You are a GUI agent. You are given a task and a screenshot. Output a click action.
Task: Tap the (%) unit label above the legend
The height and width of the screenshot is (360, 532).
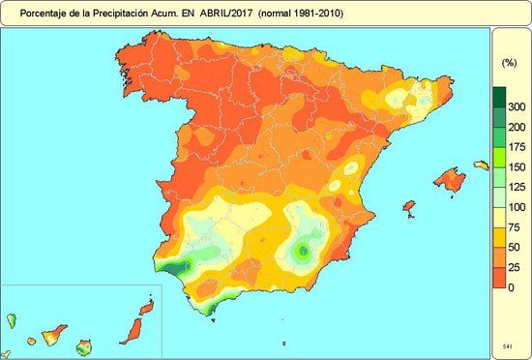coord(509,62)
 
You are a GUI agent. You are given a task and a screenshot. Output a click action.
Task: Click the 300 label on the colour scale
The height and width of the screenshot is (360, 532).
coord(517,106)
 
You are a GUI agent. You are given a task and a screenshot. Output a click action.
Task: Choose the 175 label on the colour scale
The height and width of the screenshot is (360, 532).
coord(517,147)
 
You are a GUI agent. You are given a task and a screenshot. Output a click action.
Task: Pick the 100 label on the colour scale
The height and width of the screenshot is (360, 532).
coord(517,207)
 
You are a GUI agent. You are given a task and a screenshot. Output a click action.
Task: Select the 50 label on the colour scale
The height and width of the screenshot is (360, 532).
coord(517,248)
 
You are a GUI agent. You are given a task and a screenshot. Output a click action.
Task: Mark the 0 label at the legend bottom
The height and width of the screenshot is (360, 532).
coord(517,288)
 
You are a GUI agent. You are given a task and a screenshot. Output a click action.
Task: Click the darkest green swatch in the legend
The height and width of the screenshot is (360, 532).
coord(499,97)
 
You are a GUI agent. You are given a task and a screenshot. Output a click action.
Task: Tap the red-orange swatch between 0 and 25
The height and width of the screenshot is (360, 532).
coord(499,278)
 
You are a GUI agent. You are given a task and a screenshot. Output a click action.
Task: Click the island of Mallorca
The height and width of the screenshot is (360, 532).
coord(449,179)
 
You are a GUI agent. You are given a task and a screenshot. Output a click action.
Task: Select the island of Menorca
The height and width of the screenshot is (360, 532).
coord(480,165)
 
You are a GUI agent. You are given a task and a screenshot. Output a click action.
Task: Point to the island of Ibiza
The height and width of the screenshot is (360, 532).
coord(408,207)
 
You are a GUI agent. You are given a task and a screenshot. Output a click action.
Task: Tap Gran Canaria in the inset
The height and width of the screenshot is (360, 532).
coord(85,345)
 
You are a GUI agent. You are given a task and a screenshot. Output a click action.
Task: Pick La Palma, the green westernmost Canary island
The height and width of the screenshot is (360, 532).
coord(13,319)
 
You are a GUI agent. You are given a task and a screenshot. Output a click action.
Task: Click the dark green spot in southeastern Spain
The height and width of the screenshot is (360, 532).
coord(303,251)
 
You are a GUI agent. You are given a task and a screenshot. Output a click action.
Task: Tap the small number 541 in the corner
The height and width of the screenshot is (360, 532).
coord(508,345)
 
